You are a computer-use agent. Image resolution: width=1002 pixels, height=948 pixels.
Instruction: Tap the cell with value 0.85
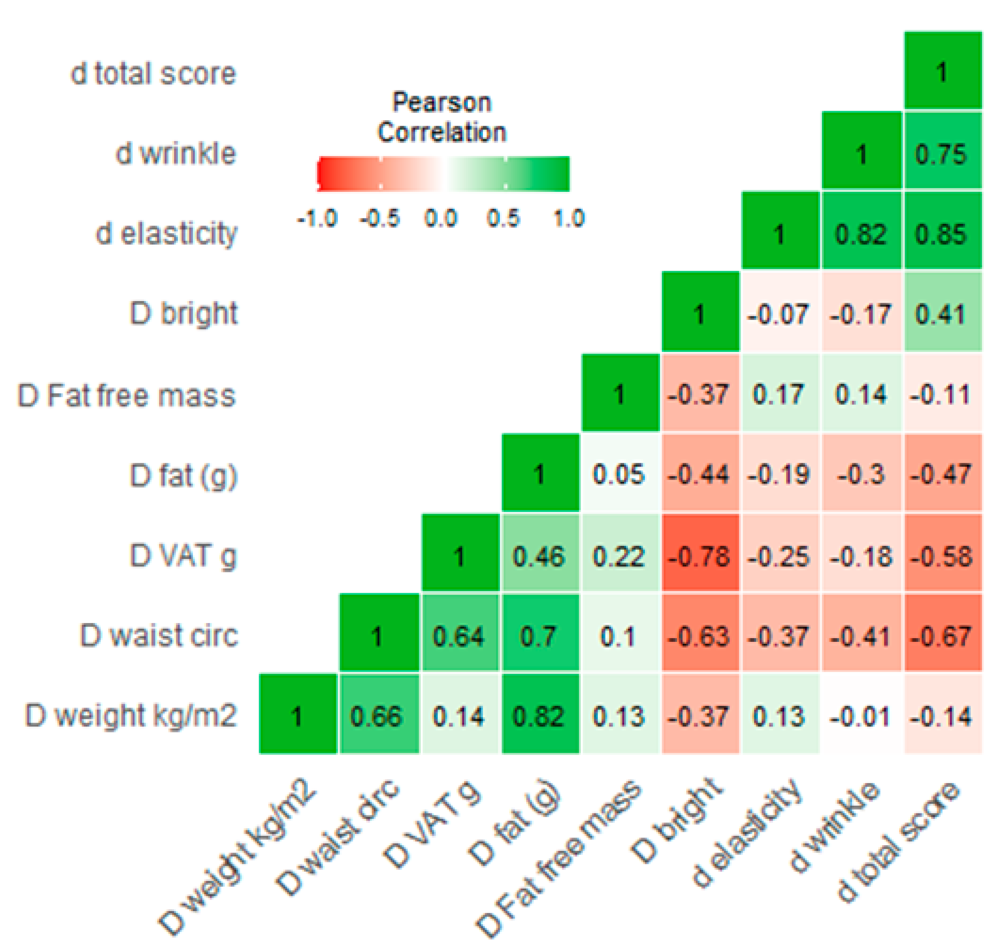942,234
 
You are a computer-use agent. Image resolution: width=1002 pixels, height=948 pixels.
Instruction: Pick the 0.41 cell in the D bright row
942,314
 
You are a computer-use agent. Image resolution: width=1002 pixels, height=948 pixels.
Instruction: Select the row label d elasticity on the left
166,234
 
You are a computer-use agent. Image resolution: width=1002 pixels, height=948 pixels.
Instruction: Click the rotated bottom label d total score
897,841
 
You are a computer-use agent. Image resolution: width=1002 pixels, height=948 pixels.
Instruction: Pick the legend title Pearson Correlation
442,117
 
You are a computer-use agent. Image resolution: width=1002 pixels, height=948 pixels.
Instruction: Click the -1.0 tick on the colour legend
317,219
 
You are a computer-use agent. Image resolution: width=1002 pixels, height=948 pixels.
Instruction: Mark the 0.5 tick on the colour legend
503,219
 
